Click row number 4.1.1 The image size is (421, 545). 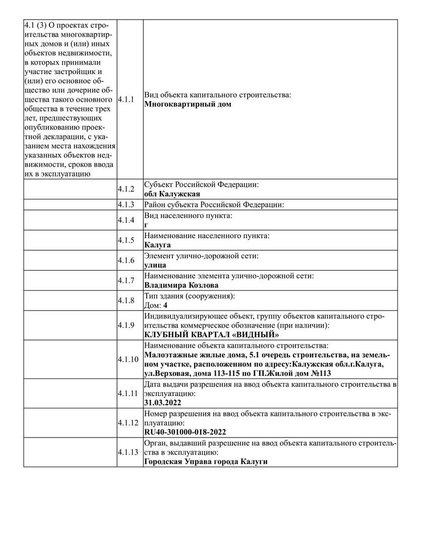(126, 99)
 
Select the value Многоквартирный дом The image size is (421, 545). (188, 104)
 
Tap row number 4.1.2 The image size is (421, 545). (126, 189)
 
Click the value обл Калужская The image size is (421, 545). (172, 194)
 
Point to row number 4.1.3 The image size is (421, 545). (126, 205)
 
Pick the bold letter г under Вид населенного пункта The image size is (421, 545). (146, 225)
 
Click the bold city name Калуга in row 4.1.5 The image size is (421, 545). (157, 245)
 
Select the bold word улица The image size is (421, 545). (155, 265)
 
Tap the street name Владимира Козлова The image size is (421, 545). (182, 285)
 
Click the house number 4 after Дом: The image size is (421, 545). (165, 305)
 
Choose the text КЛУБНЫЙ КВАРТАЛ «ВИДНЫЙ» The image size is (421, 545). (212, 335)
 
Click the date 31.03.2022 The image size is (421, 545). (162, 403)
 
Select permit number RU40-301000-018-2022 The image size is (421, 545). (185, 432)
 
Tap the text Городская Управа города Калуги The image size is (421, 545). (205, 462)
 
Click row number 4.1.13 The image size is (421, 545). (128, 452)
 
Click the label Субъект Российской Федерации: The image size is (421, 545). (202, 185)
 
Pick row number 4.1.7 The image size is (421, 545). (126, 280)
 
